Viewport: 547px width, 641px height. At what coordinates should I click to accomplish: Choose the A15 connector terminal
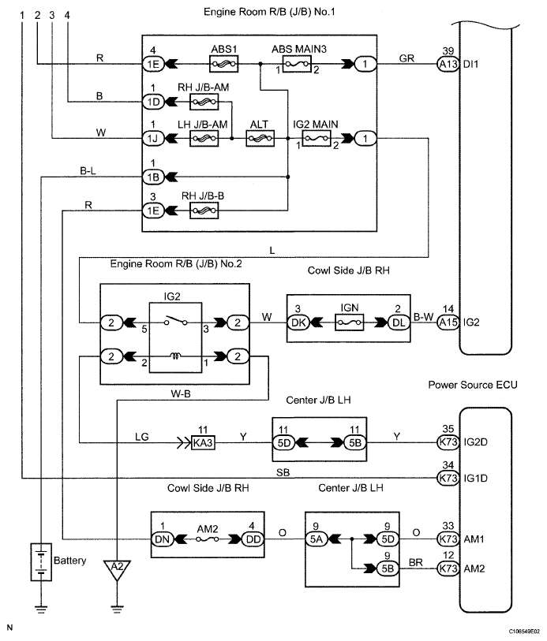click(x=447, y=322)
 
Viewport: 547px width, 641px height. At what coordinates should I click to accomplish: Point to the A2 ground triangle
click(x=117, y=566)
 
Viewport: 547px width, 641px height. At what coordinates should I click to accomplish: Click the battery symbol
click(x=39, y=561)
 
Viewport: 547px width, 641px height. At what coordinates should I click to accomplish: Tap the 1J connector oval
click(x=152, y=139)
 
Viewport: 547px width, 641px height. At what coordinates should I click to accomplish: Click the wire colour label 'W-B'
click(x=180, y=391)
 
